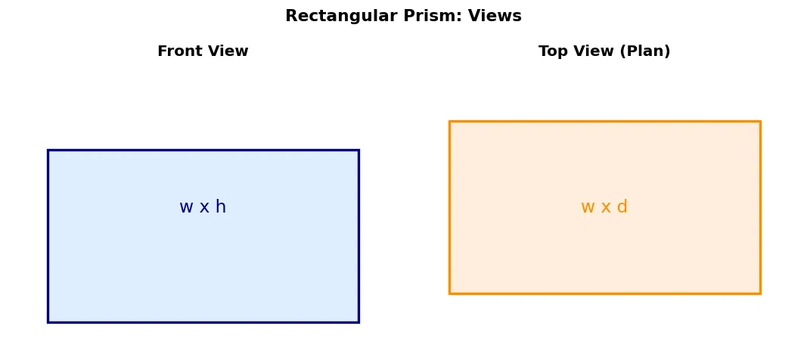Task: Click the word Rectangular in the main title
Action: click(x=343, y=17)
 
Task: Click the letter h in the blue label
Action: click(x=221, y=206)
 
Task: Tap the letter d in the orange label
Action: click(x=622, y=206)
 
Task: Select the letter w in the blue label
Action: click(x=186, y=208)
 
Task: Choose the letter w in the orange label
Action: click(x=588, y=208)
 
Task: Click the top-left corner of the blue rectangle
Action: click(x=48, y=151)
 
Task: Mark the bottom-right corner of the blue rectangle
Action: click(x=358, y=322)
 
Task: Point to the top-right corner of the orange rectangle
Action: click(x=760, y=121)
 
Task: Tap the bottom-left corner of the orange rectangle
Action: click(x=449, y=293)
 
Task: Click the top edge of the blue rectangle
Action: click(x=203, y=151)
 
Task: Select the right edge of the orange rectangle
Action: click(x=760, y=207)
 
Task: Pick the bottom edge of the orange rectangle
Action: click(x=605, y=293)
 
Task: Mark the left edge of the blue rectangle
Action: click(x=48, y=236)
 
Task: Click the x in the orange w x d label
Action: click(x=606, y=208)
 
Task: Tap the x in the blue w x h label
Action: click(x=205, y=208)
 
